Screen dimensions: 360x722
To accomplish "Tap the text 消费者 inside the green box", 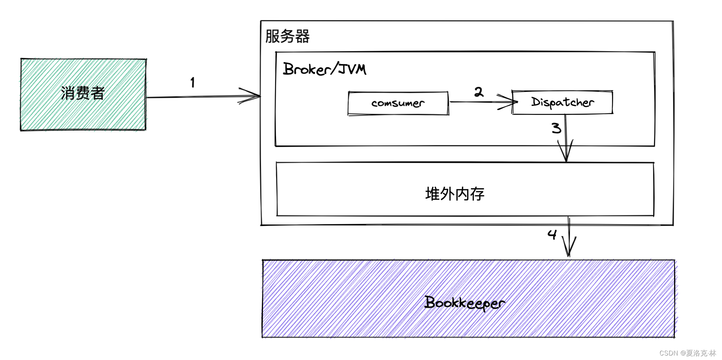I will pos(83,93).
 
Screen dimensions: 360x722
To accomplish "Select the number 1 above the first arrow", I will pos(193,82).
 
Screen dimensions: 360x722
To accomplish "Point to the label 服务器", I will pos(287,37).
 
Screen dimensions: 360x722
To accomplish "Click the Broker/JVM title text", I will pos(324,69).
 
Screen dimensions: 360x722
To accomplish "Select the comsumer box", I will pos(398,103).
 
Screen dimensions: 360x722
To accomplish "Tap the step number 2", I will pos(479,92).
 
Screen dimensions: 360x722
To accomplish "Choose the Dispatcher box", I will pos(562,102).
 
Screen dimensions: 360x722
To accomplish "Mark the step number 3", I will pos(556,128).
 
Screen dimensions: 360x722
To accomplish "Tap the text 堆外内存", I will pos(455,194).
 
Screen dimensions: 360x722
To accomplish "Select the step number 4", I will pos(552,235).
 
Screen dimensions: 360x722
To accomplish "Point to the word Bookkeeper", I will pos(464,303).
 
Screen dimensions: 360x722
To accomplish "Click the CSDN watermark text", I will pos(688,353).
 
